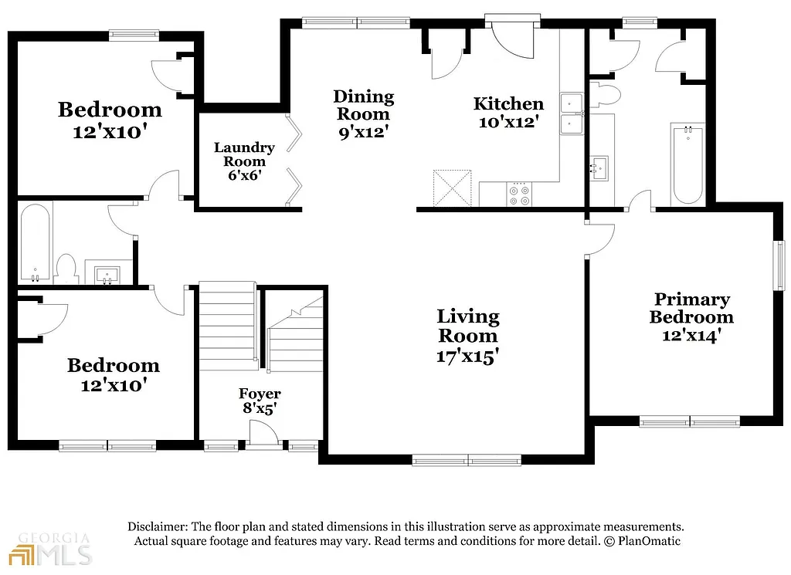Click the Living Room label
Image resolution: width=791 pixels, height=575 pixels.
pos(468,326)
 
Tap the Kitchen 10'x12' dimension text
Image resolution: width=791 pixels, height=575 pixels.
pos(508,122)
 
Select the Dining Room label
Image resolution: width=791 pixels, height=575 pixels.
pos(363,105)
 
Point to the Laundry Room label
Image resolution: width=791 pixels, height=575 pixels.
pos(244,154)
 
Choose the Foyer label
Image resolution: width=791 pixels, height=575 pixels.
pos(260,394)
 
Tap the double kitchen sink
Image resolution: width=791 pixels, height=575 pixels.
pos(572,113)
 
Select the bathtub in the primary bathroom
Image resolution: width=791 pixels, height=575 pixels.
pos(687,164)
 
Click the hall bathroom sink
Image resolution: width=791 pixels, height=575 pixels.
pos(103,273)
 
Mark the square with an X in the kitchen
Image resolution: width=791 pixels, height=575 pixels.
pos(452,188)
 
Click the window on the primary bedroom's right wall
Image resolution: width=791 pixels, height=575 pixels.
pos(779,266)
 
